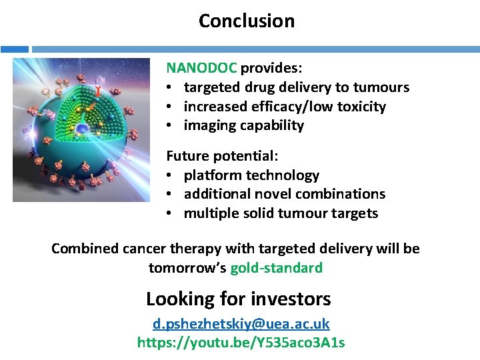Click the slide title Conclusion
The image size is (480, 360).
click(246, 21)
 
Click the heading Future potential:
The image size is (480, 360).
click(223, 157)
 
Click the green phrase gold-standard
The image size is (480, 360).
click(276, 268)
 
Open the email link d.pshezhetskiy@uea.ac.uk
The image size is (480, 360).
click(241, 324)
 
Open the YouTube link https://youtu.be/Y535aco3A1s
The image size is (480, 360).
click(241, 343)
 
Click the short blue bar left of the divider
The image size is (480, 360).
click(14, 49)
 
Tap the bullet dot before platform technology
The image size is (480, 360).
click(171, 176)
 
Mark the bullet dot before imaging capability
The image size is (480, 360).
click(171, 126)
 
